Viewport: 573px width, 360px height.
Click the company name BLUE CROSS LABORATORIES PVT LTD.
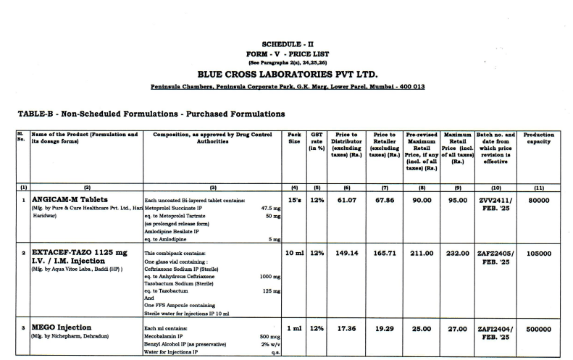[287, 74]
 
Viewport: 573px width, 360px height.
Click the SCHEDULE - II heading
[287, 44]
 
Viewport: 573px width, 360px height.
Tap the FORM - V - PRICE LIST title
[287, 54]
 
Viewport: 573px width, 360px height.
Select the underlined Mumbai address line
[287, 87]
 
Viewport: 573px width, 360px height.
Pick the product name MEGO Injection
[62, 327]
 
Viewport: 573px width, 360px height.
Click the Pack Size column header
[294, 138]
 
